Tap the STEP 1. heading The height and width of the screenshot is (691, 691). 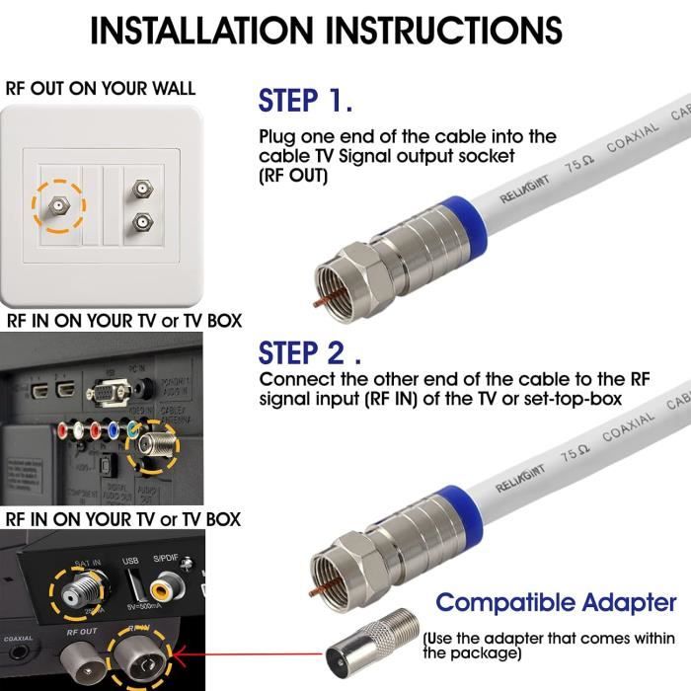[x=305, y=101]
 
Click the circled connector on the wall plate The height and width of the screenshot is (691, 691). [x=56, y=204]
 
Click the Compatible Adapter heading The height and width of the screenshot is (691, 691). [x=556, y=602]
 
